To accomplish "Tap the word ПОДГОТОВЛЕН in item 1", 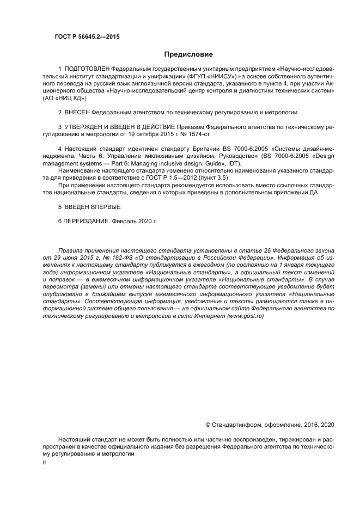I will point(87,70).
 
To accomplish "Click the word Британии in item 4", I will point(204,149).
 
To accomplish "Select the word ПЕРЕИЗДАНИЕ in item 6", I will point(86,222).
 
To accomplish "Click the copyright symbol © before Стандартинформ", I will point(208,424).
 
